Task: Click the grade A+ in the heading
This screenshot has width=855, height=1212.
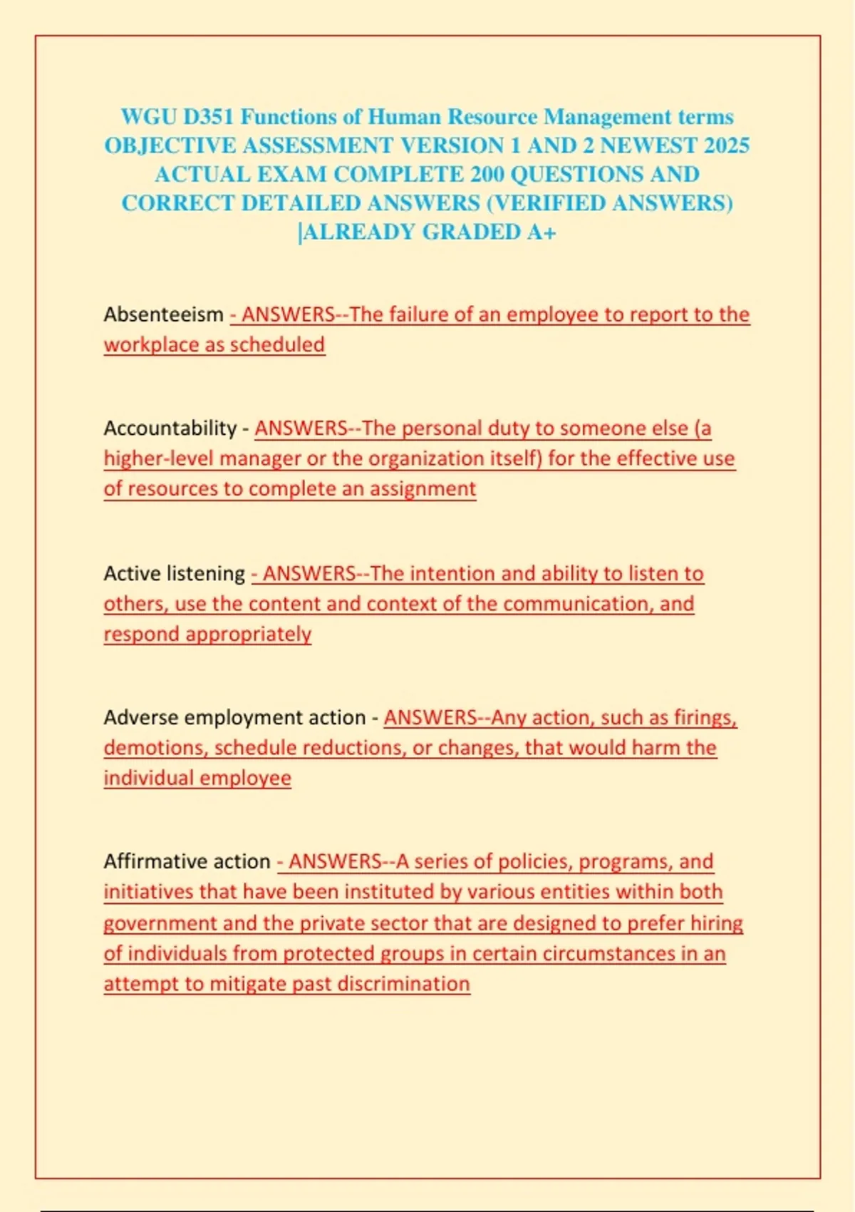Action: [541, 232]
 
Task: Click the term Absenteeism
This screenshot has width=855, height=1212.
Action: [164, 314]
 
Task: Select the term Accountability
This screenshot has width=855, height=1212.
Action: [170, 428]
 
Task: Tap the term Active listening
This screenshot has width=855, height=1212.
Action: [174, 573]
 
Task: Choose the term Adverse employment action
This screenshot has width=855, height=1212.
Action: [234, 717]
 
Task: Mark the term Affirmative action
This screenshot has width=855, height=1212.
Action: [187, 861]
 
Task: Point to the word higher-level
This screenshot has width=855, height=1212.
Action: [158, 458]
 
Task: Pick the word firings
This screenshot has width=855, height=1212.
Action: [705, 717]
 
